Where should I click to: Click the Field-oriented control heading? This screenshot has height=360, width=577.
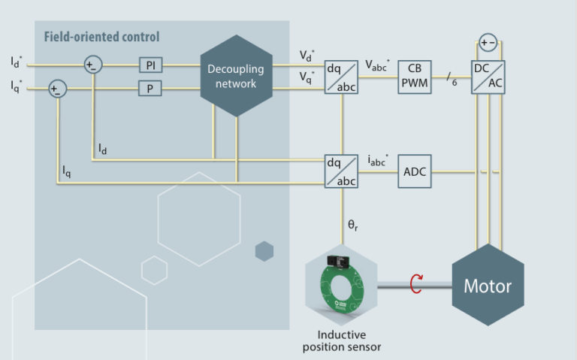tap(101, 37)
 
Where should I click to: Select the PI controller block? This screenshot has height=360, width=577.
tap(150, 65)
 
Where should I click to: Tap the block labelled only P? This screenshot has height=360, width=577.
tap(150, 89)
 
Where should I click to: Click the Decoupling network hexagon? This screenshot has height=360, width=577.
tap(236, 76)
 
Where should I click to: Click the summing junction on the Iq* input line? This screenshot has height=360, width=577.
tap(56, 89)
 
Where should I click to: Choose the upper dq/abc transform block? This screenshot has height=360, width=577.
tap(341, 77)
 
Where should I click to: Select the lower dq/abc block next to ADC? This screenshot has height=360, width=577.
tap(341, 171)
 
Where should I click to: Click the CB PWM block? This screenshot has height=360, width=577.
tap(415, 77)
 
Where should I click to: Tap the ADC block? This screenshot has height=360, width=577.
tap(415, 172)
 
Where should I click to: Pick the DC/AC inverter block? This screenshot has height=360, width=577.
tap(488, 77)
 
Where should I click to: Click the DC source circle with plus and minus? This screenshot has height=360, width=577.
tap(488, 42)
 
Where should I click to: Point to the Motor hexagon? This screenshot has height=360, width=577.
tap(488, 286)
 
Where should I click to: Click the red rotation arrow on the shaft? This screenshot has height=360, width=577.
tap(415, 284)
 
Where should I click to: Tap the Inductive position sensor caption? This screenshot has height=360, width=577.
tap(342, 340)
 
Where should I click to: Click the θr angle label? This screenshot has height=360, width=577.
tap(352, 224)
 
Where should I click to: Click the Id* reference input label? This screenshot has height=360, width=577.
tap(16, 62)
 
